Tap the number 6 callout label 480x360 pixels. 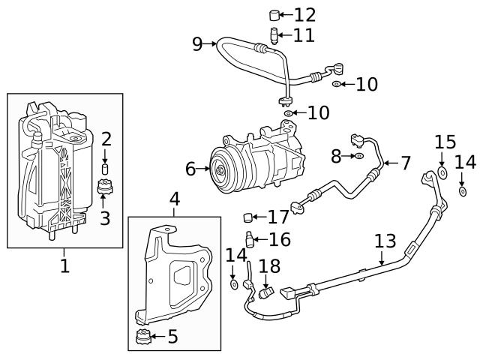190,169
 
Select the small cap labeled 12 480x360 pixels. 275,14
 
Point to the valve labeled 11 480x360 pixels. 275,34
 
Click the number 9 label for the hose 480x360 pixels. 197,44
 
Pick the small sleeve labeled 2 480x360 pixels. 106,164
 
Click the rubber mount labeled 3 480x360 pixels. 105,187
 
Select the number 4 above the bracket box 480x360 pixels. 174,199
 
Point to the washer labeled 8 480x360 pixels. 360,156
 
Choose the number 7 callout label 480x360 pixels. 405,163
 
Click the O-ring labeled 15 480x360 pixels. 442,173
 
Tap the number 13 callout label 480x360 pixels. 384,241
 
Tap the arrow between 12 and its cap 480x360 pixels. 287,14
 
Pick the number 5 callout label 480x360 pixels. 172,337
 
